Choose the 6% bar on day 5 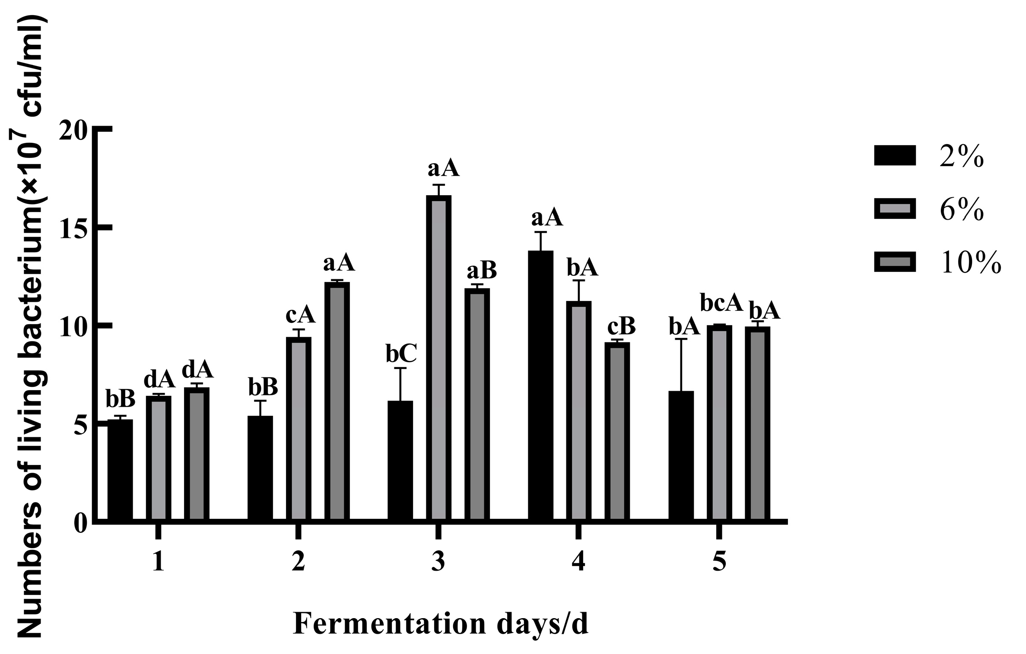click(719, 423)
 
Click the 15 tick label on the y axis click(71, 227)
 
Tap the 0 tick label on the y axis click(80, 524)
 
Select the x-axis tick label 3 click(438, 562)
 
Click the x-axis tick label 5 click(719, 562)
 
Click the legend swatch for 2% click(895, 155)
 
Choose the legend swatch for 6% click(895, 209)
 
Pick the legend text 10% click(970, 262)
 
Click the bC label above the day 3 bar click(401, 354)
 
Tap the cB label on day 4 click(621, 327)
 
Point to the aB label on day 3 click(482, 271)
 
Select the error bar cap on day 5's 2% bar click(681, 339)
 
